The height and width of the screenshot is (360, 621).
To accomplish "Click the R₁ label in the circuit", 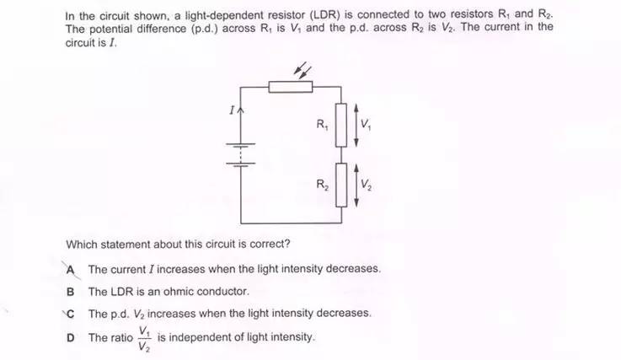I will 322,125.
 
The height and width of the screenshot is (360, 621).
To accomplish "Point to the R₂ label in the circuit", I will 322,185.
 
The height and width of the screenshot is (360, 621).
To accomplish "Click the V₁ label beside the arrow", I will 366,126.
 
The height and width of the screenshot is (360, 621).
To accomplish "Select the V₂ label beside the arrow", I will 366,185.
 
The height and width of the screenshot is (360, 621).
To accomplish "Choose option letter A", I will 72,270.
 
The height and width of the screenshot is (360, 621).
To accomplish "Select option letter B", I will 71,292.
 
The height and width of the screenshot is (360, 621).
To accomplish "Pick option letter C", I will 71,313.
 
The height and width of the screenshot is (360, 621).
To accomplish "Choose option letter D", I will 71,337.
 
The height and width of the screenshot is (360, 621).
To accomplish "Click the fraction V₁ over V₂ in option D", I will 144,338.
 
